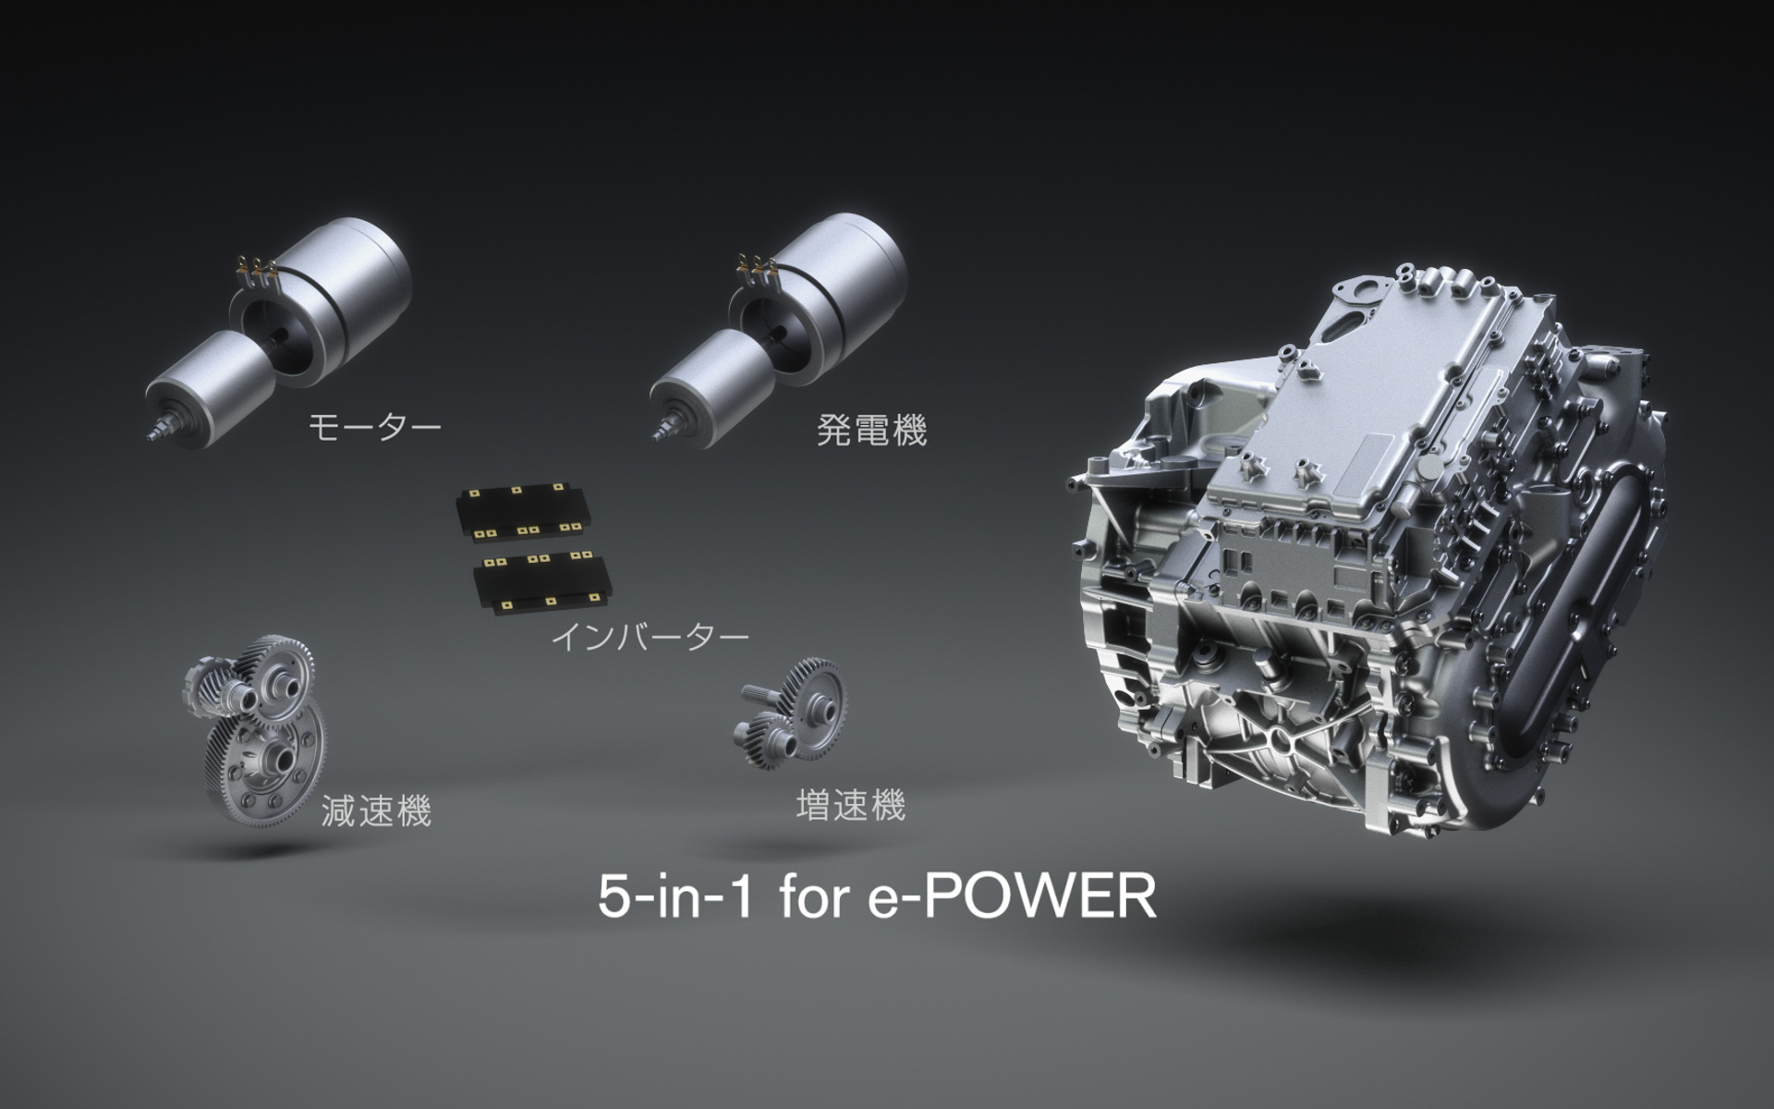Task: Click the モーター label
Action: point(374,427)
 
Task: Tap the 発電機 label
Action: point(871,431)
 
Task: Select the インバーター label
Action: point(649,637)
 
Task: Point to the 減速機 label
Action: point(376,810)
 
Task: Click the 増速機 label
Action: point(850,805)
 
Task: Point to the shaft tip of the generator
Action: point(661,433)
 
